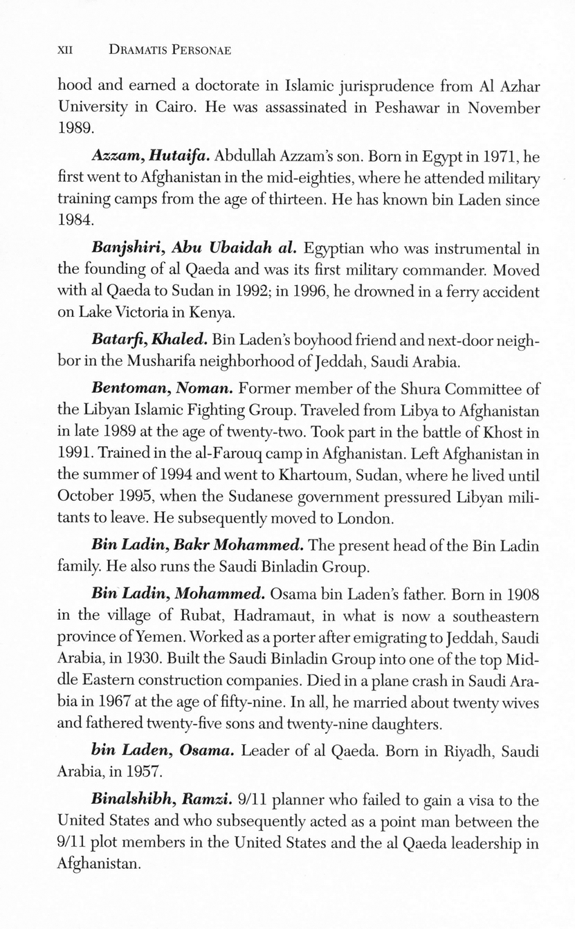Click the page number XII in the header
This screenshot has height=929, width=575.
(65, 51)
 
